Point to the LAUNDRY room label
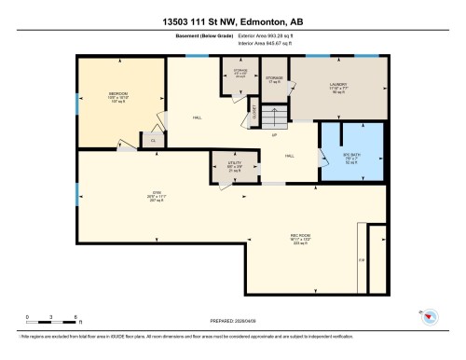click(337, 85)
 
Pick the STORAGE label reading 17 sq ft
click(274, 79)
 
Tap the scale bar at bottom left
click(51, 321)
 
